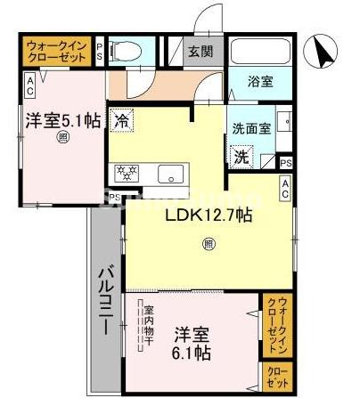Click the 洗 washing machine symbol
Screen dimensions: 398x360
[241, 157]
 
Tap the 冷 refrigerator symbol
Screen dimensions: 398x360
[120, 118]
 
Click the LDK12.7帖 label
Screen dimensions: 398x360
[209, 215]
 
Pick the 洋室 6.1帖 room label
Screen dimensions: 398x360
[192, 344]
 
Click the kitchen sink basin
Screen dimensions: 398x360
[169, 173]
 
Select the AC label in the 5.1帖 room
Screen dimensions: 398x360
[29, 85]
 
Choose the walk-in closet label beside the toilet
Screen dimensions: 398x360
[57, 50]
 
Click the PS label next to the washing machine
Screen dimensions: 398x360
[284, 163]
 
